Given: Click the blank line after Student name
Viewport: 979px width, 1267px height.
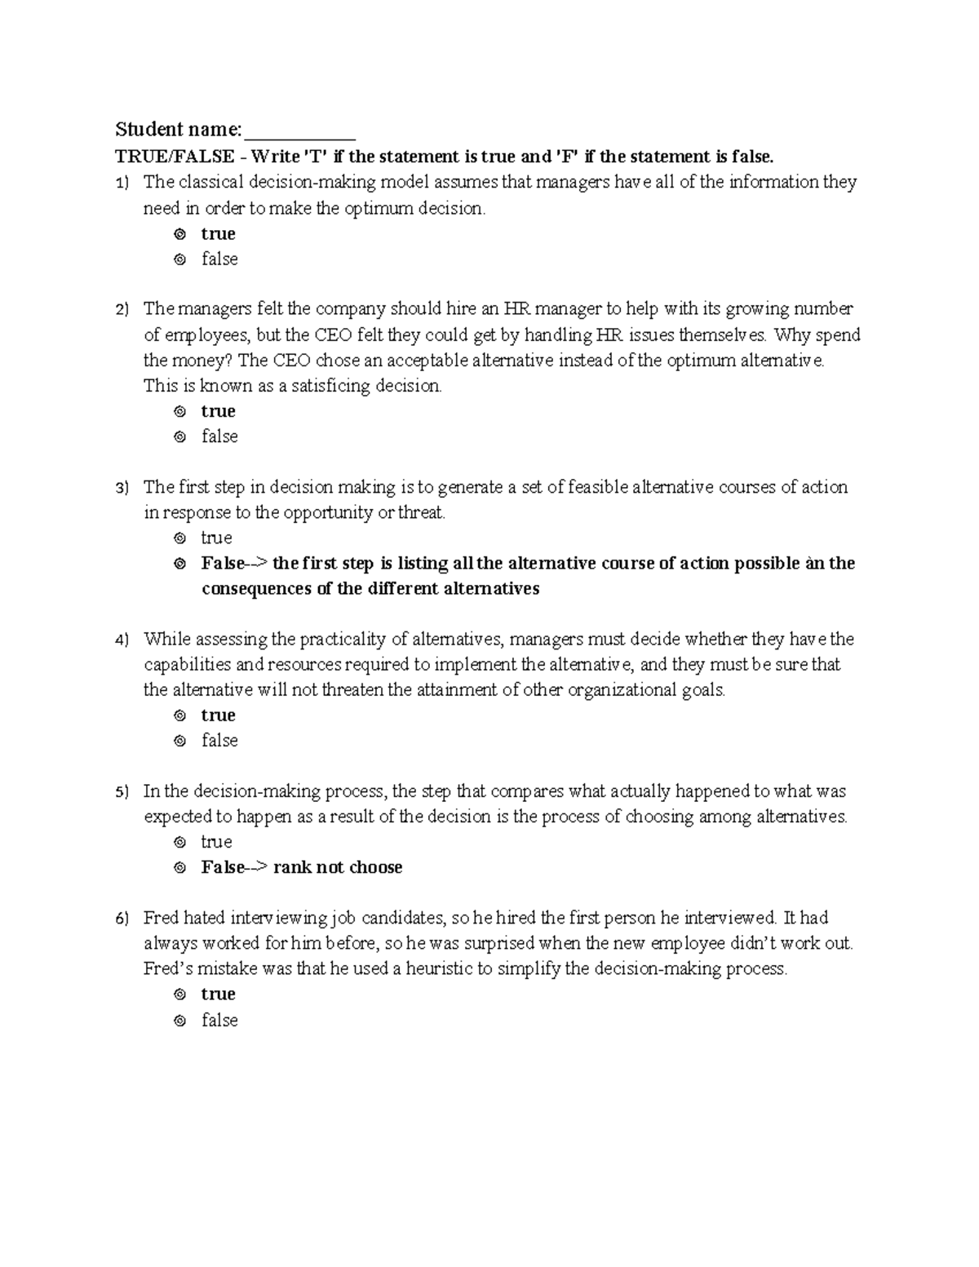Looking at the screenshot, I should pyautogui.click(x=299, y=131).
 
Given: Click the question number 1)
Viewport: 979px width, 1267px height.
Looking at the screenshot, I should pyautogui.click(x=122, y=183).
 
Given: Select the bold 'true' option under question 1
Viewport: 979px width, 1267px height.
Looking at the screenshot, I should pyautogui.click(x=218, y=234).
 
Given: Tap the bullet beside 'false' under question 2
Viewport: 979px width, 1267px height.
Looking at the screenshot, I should pyautogui.click(x=180, y=437).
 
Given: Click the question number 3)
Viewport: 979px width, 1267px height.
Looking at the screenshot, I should pyautogui.click(x=122, y=488).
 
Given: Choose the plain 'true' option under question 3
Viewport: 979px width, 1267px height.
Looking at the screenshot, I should pyautogui.click(x=216, y=538).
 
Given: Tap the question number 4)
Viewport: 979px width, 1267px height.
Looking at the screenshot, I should pyautogui.click(x=122, y=640).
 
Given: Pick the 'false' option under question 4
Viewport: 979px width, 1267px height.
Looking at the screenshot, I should pyautogui.click(x=219, y=741).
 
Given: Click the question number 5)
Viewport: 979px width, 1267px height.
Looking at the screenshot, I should pyautogui.click(x=122, y=792).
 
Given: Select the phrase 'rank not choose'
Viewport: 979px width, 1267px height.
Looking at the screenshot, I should pyautogui.click(x=338, y=867).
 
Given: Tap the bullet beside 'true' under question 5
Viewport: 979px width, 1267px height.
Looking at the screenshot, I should pyautogui.click(x=180, y=843).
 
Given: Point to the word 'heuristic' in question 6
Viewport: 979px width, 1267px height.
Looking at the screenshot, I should pyautogui.click(x=441, y=969).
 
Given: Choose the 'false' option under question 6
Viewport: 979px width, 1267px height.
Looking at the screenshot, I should pyautogui.click(x=219, y=1021).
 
